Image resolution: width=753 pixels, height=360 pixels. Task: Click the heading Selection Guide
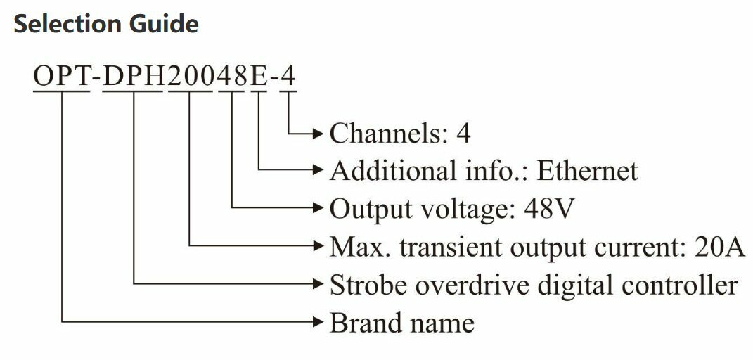click(x=106, y=25)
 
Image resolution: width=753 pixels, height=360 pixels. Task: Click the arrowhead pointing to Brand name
click(x=318, y=323)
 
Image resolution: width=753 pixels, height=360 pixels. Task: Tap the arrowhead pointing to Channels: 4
click(x=318, y=132)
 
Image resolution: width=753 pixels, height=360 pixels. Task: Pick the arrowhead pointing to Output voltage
click(x=318, y=208)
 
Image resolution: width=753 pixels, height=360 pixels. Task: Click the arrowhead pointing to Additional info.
click(x=318, y=170)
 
